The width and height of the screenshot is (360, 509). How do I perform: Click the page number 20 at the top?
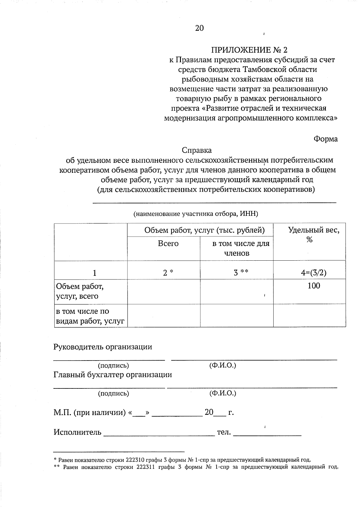199,28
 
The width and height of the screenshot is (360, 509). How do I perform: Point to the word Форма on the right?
325,139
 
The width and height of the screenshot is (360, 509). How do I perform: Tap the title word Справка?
197,150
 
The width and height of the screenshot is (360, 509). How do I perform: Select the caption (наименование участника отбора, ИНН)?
196,214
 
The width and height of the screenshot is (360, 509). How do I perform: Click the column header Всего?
168,244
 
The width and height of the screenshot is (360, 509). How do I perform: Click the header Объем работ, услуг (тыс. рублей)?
204,230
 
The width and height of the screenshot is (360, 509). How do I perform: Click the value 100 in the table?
314,286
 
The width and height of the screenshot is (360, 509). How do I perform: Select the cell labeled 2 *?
168,272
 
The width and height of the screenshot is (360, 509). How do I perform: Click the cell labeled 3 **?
241,272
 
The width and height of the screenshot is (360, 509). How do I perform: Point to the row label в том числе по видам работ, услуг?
90,316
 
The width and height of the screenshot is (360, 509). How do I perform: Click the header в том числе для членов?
241,248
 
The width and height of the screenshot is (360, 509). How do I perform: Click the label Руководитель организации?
103,347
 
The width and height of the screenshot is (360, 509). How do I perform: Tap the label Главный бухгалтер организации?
112,374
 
